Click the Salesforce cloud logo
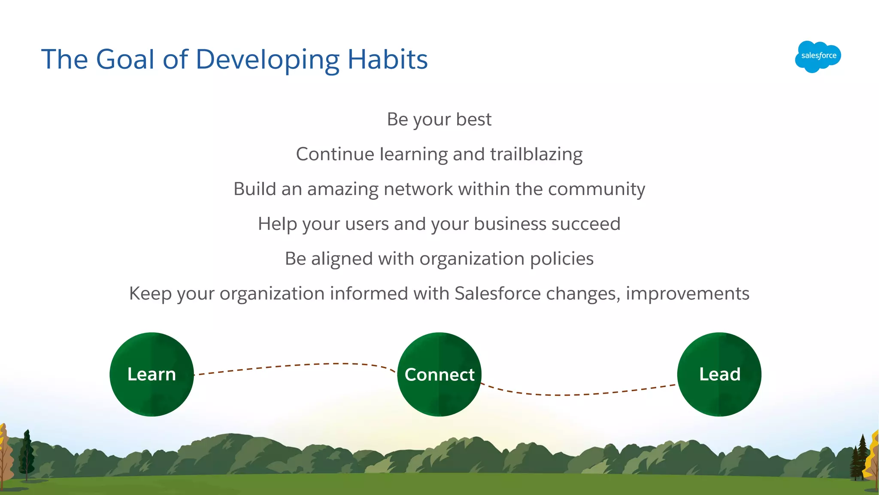[818, 56]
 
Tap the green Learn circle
[152, 374]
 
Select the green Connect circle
[439, 374]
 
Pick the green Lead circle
[719, 374]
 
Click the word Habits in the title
[387, 59]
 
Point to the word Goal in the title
[125, 59]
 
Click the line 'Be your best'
[439, 119]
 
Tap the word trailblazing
[536, 154]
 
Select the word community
[596, 189]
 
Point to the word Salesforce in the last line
[497, 293]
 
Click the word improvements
[687, 293]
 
